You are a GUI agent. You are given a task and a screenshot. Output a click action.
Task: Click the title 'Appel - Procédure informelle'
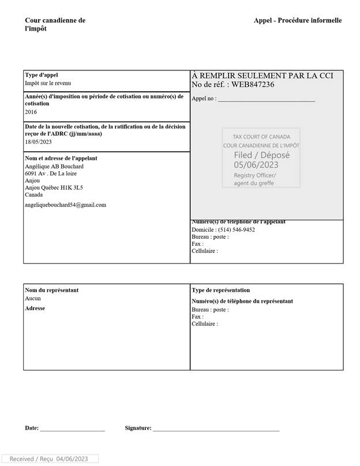(297, 20)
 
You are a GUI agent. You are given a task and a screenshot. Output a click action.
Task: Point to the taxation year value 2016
(31, 112)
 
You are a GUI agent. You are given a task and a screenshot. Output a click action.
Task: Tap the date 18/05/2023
(38, 142)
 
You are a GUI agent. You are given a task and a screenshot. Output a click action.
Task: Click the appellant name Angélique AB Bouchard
(54, 166)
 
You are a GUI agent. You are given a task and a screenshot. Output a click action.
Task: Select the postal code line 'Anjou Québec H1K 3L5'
(54, 187)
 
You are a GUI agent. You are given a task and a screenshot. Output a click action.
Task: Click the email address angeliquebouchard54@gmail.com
(65, 205)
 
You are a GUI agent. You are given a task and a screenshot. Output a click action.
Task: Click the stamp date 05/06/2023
(256, 165)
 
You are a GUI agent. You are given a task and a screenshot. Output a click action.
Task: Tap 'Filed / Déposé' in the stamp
(261, 155)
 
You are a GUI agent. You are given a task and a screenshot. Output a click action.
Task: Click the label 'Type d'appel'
(42, 75)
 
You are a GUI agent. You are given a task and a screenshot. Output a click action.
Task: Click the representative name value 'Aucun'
(33, 299)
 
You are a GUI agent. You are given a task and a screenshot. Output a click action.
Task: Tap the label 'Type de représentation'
(220, 290)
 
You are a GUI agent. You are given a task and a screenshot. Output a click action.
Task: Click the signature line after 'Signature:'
(216, 429)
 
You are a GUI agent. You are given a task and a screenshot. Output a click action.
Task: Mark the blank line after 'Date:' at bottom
(72, 429)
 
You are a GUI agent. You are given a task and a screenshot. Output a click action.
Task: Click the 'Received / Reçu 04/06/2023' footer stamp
(49, 459)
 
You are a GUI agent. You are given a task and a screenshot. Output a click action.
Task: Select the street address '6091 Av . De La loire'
(51, 173)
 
